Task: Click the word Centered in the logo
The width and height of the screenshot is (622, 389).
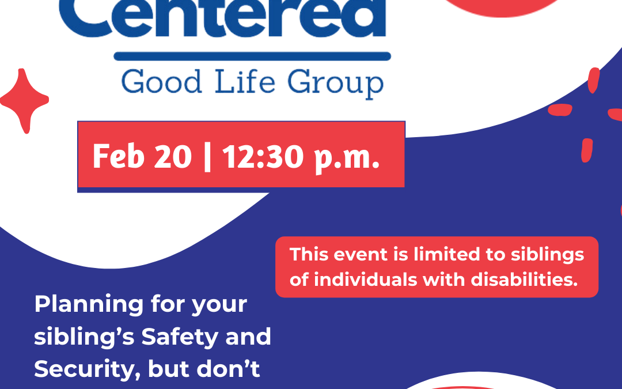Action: tap(222, 18)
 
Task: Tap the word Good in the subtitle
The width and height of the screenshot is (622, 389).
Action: tap(161, 82)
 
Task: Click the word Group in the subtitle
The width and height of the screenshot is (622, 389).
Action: tap(335, 84)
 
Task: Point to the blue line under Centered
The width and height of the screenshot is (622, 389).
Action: tap(252, 56)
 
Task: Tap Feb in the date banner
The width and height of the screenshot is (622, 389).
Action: tap(118, 156)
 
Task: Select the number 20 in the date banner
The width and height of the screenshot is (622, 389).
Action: tap(173, 156)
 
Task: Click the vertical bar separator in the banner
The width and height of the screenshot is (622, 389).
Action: tap(207, 157)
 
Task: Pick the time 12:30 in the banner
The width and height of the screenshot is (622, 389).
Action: tap(263, 156)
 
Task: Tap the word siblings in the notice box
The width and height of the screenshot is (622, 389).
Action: tap(548, 255)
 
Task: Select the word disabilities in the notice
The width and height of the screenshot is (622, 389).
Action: tap(524, 280)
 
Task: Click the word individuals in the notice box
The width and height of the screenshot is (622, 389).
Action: tap(365, 280)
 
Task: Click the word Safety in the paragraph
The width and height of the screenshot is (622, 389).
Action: tap(180, 337)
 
